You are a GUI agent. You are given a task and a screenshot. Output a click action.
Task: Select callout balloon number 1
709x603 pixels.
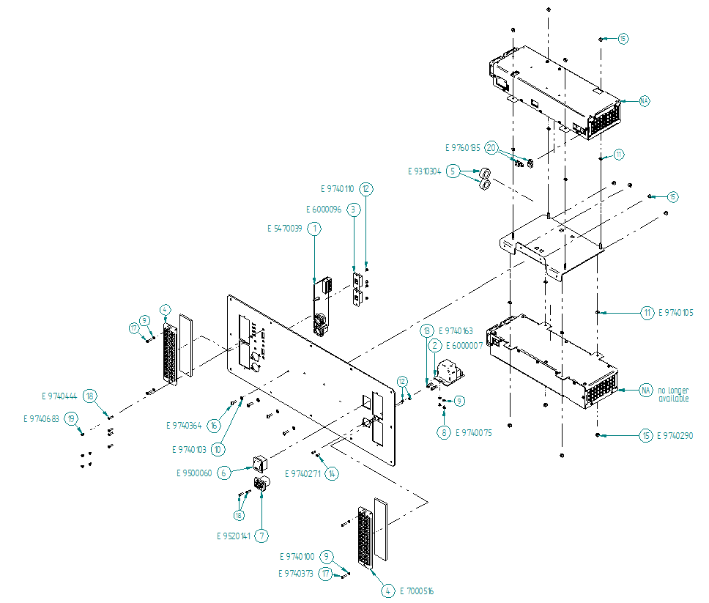pos(315,229)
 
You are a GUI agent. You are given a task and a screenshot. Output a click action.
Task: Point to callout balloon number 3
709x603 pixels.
pos(354,209)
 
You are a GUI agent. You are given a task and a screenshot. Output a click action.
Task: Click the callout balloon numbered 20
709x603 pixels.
pos(492,148)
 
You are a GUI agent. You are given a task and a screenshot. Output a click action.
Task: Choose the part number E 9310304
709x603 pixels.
pos(424,171)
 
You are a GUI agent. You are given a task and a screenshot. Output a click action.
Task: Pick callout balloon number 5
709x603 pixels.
pos(454,171)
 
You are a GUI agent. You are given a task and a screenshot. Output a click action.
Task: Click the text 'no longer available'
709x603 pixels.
pos(673,393)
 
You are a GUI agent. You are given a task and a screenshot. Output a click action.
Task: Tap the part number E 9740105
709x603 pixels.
pos(675,313)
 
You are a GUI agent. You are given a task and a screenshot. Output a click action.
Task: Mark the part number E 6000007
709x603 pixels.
pos(464,345)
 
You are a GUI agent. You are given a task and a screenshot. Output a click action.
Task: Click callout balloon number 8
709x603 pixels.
pos(444,432)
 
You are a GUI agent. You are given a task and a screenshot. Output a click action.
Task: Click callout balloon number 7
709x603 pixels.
pos(262,536)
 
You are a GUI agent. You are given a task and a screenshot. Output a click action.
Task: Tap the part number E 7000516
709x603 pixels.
pos(417,591)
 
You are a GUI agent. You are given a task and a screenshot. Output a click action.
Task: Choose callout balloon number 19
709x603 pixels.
pos(72,418)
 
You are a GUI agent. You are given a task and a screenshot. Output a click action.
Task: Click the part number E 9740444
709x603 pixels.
pos(59,396)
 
